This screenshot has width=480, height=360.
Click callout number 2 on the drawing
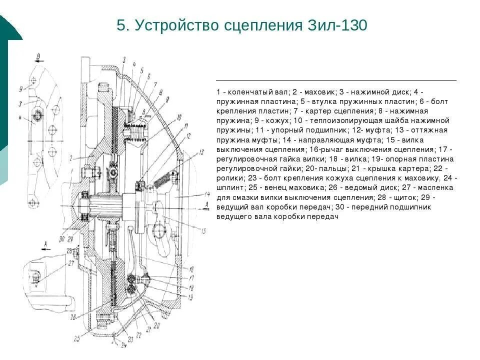pos(71,158)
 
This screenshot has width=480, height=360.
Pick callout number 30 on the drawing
pos(61,239)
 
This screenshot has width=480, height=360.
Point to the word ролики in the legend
pos(230,178)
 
